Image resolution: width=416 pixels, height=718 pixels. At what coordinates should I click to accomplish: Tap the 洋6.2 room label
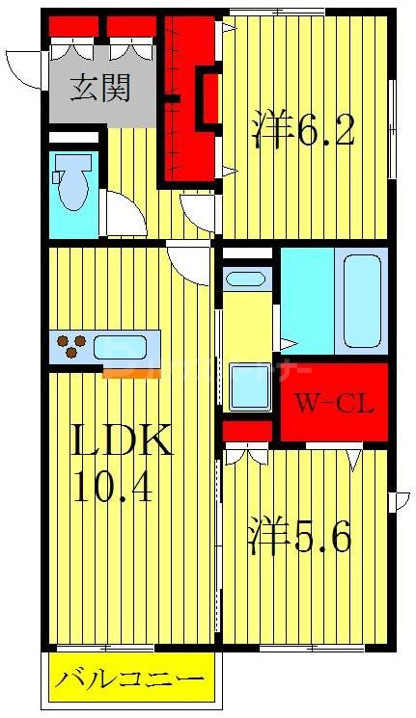[x=304, y=131]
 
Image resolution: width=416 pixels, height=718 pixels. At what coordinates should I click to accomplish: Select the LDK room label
[x=124, y=442]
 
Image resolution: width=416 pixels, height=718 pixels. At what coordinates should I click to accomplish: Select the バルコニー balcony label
[x=128, y=679]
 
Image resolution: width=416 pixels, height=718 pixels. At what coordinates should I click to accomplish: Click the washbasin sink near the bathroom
[x=244, y=280]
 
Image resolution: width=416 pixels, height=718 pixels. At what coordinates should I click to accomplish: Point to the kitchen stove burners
[x=70, y=346]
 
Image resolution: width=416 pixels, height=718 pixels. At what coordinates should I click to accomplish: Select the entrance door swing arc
[x=25, y=68]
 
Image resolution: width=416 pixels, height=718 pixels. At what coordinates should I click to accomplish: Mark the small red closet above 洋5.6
[x=246, y=429]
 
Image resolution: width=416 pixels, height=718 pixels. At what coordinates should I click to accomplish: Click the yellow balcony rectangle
[x=128, y=679]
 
